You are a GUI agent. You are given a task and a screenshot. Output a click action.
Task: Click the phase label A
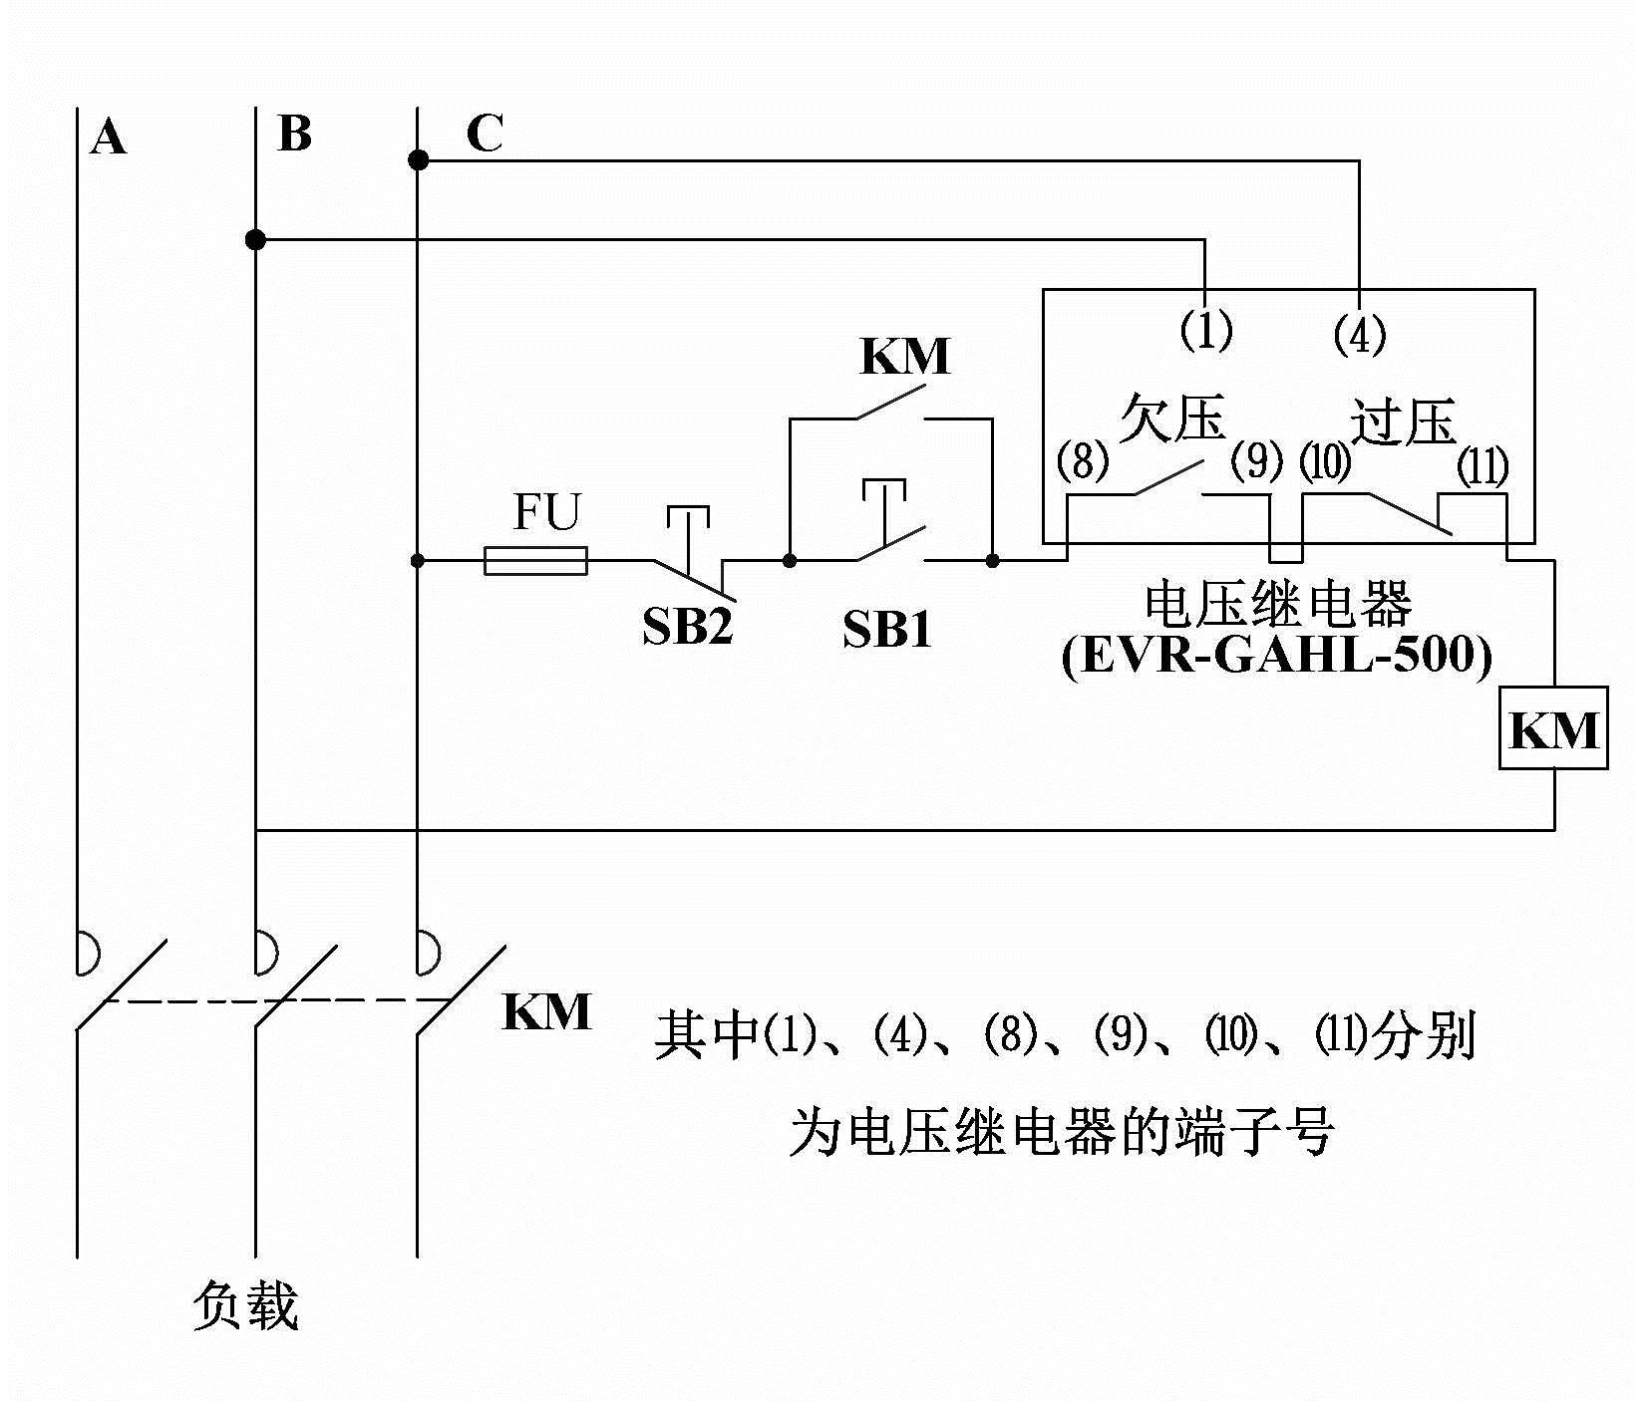tap(109, 138)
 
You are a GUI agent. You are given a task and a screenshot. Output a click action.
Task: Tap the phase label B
tap(295, 134)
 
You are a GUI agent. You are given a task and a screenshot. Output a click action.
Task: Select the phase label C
tap(485, 134)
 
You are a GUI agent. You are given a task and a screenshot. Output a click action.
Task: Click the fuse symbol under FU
tap(535, 561)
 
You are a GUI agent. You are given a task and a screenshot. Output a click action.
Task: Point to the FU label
tap(546, 513)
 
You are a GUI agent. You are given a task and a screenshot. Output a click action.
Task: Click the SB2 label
tap(687, 627)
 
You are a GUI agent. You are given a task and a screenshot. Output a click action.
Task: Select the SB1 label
tap(886, 630)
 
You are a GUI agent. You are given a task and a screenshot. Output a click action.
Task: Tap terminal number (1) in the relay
tap(1206, 330)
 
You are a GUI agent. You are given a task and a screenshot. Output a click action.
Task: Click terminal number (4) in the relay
tap(1360, 334)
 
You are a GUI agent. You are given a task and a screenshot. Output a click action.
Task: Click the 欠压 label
tap(1171, 418)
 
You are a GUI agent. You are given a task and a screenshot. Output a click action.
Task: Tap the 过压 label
tap(1404, 421)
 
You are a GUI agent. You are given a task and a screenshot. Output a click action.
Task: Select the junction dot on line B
tap(256, 239)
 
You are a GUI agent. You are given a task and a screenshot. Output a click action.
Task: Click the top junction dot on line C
tap(418, 159)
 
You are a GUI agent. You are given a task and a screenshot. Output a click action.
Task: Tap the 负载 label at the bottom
tap(245, 1306)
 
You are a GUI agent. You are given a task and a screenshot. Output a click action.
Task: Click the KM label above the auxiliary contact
tap(905, 358)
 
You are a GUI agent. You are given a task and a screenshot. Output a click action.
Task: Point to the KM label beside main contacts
tap(546, 1012)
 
